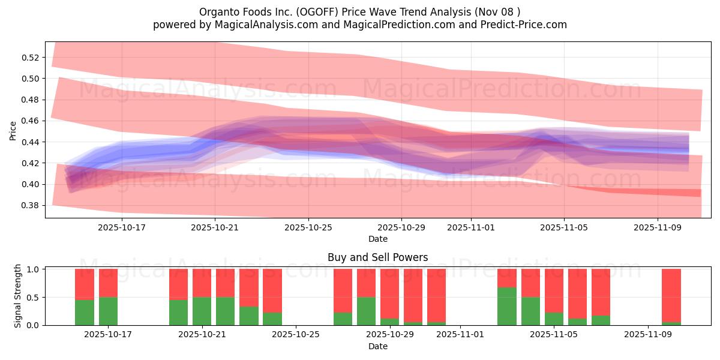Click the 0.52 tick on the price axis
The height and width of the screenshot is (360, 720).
(x=31, y=58)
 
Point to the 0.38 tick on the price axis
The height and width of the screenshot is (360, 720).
(x=31, y=205)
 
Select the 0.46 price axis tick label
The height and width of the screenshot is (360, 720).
(x=31, y=121)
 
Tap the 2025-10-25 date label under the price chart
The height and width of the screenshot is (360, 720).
(x=308, y=227)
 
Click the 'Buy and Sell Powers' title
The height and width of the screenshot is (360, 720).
(x=377, y=257)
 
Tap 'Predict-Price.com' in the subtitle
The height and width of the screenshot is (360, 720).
(x=521, y=25)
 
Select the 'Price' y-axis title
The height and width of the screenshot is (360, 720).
(x=13, y=130)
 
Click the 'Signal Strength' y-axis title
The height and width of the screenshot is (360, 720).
(x=18, y=296)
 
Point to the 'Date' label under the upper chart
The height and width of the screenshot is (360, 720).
(x=377, y=239)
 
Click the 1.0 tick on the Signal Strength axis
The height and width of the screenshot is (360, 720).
(x=34, y=269)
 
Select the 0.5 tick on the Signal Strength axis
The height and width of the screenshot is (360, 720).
(x=34, y=297)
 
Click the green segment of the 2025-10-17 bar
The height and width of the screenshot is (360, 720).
(x=108, y=311)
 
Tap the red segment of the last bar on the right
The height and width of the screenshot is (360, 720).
(x=671, y=295)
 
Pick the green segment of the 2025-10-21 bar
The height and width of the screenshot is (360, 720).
(x=202, y=311)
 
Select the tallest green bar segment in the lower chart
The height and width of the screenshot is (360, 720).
(x=507, y=306)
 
